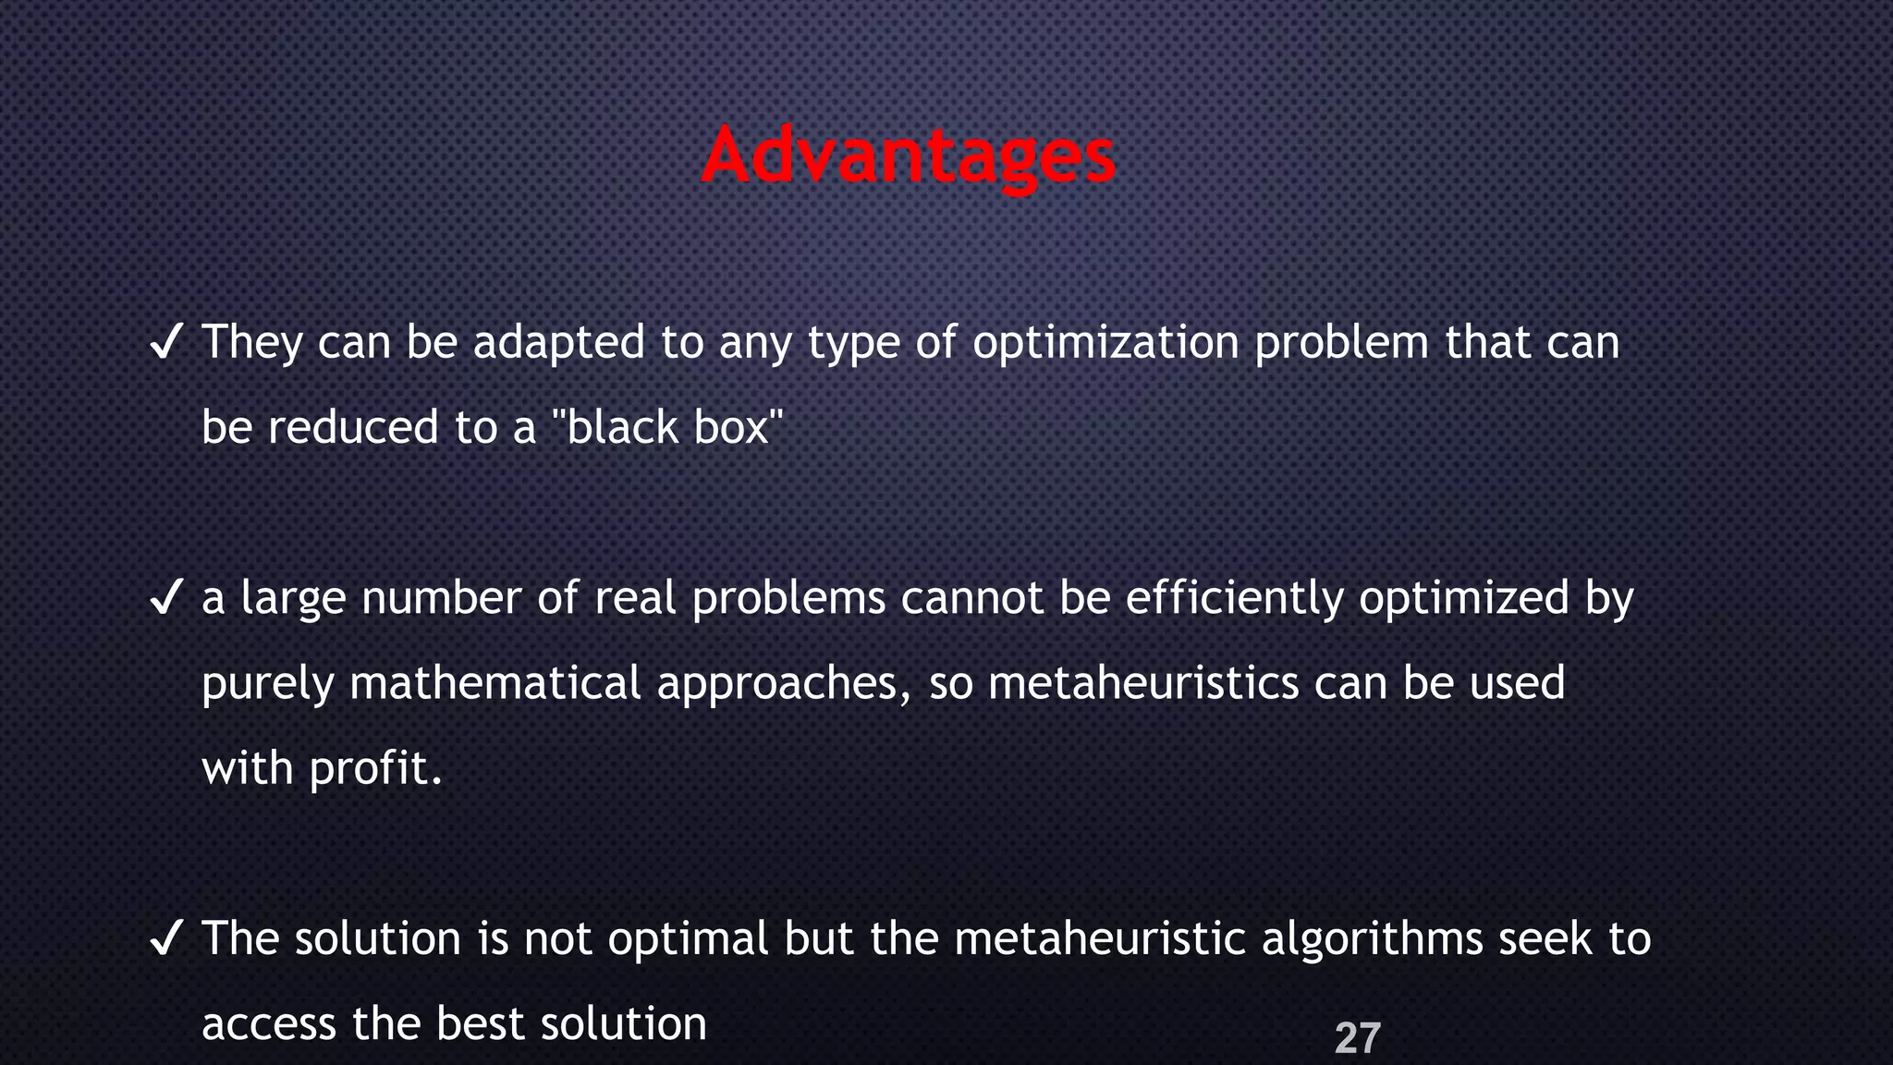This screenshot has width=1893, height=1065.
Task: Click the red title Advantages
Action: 909,155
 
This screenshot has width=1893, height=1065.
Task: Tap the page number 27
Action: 1357,1038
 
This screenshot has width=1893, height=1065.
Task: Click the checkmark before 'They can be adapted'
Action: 165,343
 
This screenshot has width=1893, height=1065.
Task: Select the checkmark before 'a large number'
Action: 165,598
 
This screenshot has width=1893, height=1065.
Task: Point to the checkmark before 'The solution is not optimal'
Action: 165,938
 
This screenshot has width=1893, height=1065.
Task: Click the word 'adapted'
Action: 558,343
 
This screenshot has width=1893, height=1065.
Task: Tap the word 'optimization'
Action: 1105,343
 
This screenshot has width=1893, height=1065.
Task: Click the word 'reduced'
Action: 353,428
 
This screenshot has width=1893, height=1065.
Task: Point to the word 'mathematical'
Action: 495,683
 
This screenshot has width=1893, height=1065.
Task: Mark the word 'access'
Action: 268,1024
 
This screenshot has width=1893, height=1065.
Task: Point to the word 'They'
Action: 252,343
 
